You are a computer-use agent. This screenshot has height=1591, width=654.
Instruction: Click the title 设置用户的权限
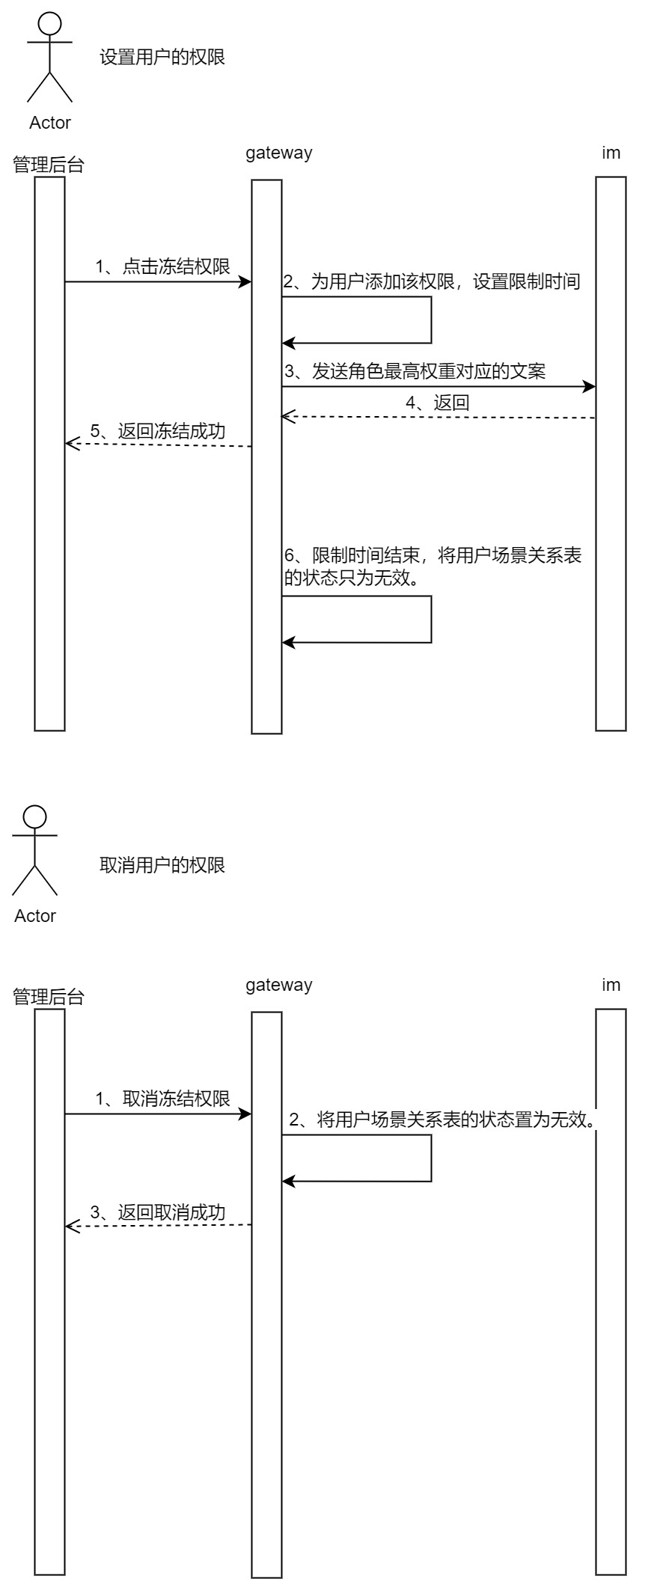(x=162, y=57)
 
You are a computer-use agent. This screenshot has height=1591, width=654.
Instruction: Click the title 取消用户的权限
(x=162, y=865)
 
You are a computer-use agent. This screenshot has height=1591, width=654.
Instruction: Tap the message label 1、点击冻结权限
(x=162, y=266)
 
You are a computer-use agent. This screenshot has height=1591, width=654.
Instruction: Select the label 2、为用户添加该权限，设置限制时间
(x=432, y=282)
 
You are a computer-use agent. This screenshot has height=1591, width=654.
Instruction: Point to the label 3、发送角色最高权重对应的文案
(x=414, y=371)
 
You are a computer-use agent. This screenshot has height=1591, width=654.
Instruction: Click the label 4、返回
(x=438, y=403)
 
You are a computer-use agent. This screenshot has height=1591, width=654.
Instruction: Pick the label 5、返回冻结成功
(x=158, y=431)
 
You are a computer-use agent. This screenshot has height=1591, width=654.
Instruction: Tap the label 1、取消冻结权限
(x=162, y=1099)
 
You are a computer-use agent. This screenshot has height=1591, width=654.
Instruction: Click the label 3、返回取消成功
(x=158, y=1212)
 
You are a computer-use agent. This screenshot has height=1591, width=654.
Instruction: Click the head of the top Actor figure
(x=49, y=23)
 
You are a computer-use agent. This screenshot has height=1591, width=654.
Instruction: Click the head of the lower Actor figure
(x=34, y=816)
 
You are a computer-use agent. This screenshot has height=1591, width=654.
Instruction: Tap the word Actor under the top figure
(x=49, y=123)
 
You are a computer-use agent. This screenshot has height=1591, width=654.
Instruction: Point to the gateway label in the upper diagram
(x=278, y=153)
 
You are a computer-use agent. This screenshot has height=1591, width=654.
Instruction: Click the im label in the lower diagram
(x=611, y=985)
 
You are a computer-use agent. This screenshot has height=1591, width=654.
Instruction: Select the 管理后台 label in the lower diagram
(x=49, y=997)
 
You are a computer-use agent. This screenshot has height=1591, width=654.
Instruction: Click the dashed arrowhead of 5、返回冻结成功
(x=71, y=444)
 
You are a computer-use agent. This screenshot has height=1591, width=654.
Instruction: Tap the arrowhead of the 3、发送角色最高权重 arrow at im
(x=590, y=387)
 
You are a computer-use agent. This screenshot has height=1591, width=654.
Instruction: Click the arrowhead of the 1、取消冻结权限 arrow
(x=245, y=1114)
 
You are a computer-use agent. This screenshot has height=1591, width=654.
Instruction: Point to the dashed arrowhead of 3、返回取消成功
(x=71, y=1226)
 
